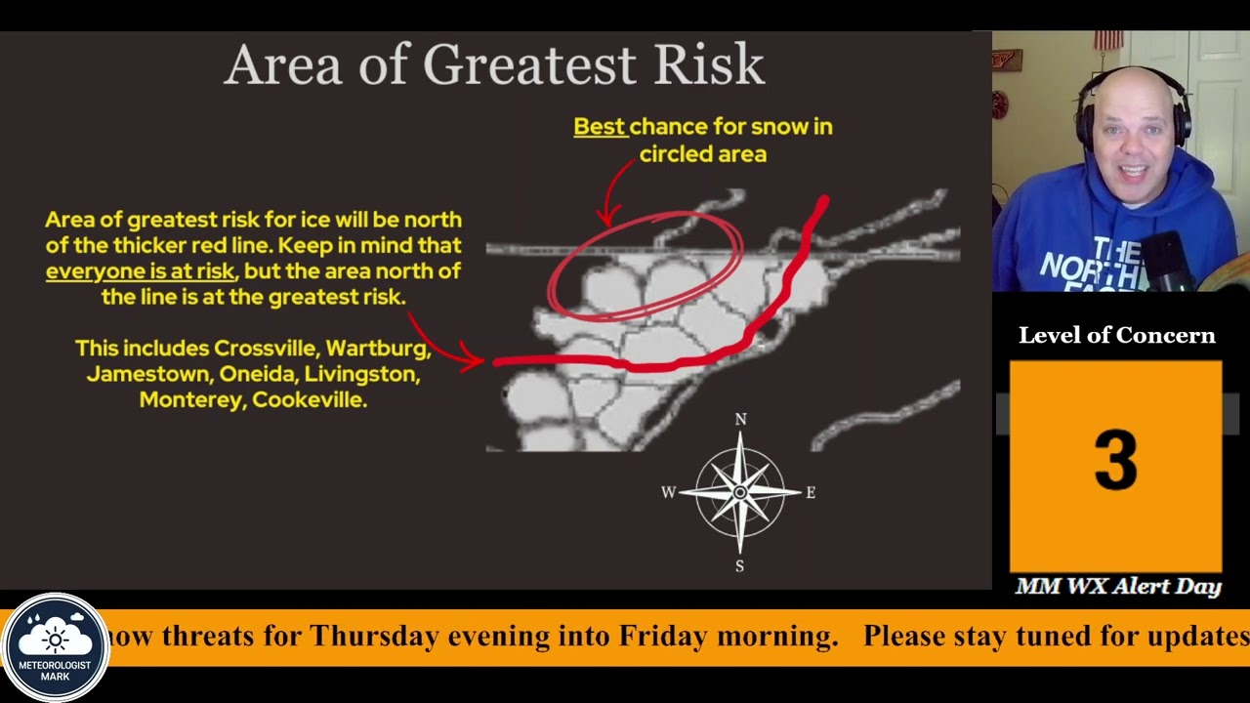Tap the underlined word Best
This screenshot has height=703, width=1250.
pos(599,127)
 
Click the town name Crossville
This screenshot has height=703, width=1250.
pos(265,349)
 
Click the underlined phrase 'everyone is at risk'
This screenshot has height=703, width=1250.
pos(140,271)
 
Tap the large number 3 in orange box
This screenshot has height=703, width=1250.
pos(1115,461)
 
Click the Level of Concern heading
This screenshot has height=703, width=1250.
pos(1116,336)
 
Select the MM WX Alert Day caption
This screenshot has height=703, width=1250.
pos(1117,587)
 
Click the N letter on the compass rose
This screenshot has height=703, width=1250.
pos(740,420)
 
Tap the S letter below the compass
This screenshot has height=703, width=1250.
pos(739,566)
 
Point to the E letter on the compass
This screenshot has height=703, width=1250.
pos(810,493)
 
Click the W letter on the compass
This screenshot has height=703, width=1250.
pos(668,493)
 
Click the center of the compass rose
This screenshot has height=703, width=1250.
pos(739,493)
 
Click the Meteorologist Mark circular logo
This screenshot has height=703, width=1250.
pos(56,647)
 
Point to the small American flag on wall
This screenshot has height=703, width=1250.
pos(1107,40)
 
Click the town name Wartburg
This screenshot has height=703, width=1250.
pos(377,349)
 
